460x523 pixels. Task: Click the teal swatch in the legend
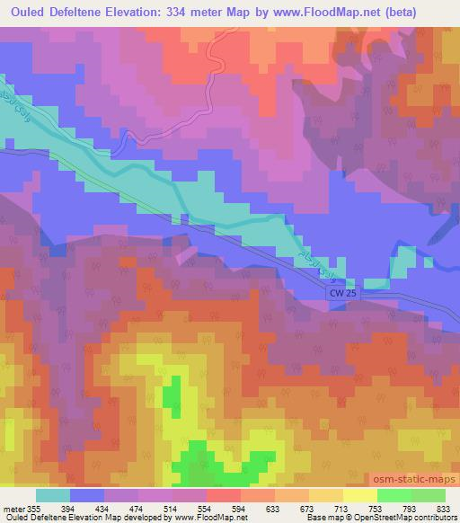[53, 495]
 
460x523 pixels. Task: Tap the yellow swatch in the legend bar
[360, 495]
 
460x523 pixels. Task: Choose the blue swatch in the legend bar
[87, 495]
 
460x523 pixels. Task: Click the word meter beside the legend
[13, 508]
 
